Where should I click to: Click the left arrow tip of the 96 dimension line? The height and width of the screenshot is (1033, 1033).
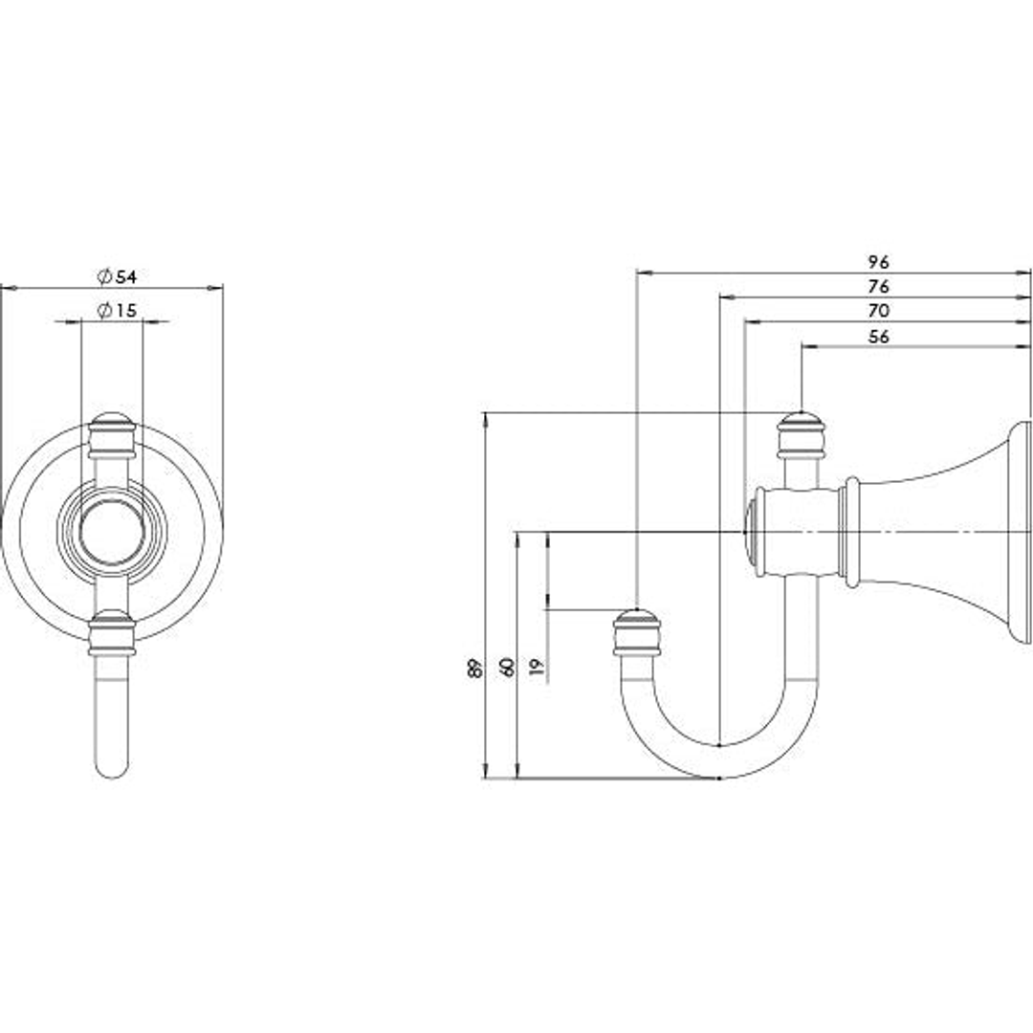tap(637, 272)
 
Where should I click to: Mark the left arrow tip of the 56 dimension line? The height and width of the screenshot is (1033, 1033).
tap(802, 345)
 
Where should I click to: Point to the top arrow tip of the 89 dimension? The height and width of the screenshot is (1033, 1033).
tap(486, 413)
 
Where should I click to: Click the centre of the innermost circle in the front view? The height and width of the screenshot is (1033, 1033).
tap(111, 531)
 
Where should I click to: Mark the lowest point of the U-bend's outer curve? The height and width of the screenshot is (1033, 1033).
tap(719, 778)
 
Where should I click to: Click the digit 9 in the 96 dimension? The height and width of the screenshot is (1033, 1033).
tap(872, 262)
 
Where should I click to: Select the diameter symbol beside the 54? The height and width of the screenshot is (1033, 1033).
tap(105, 276)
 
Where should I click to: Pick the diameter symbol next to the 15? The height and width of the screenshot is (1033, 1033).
tap(105, 310)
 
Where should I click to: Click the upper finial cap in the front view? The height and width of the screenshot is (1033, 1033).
tap(112, 435)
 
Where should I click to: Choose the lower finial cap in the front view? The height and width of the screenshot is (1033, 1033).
tap(112, 632)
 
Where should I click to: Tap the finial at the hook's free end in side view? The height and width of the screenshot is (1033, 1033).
tap(636, 632)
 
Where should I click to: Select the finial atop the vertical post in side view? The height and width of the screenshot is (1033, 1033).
tap(802, 435)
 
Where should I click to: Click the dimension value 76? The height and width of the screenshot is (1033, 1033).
tap(878, 287)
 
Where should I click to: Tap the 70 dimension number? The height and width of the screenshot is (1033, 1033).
tap(878, 310)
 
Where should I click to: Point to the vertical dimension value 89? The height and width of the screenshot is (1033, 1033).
tap(474, 668)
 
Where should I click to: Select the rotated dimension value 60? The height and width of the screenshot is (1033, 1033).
tap(507, 668)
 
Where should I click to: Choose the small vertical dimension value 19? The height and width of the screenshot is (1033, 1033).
tap(537, 668)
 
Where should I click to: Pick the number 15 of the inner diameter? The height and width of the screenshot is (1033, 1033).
tap(126, 310)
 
